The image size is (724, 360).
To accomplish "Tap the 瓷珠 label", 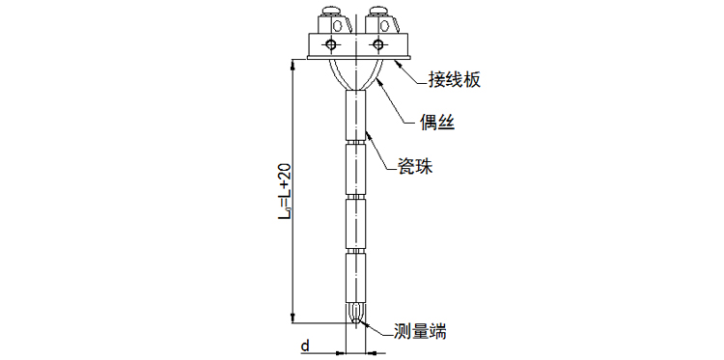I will pos(415,166).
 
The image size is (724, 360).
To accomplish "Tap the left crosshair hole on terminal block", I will pos(332,45).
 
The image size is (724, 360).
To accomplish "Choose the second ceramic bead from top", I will pos(356,170).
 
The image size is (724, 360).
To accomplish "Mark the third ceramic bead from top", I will pos(356,224).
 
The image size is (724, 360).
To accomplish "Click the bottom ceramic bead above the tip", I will pos(356,280).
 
